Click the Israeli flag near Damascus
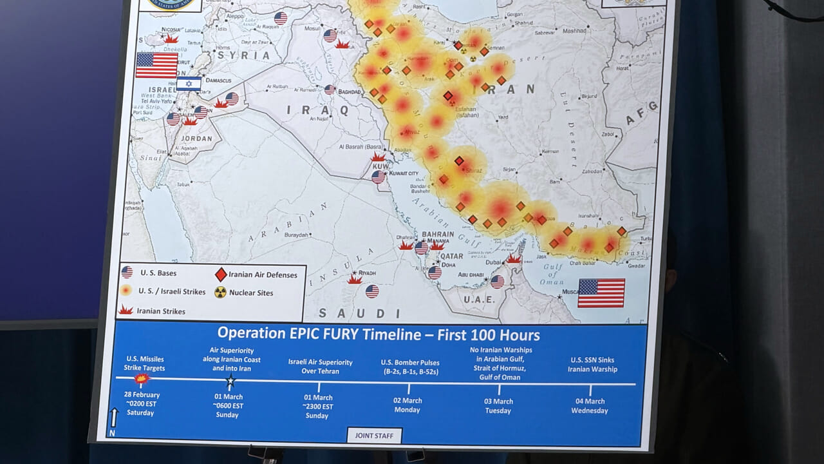pos(189,83)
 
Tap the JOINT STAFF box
pos(374,436)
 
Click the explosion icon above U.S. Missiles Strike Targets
pos(142,378)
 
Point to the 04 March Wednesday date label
pos(592,406)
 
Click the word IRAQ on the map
pos(317,110)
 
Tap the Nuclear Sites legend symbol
pos(220,293)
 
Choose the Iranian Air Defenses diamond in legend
pos(221,275)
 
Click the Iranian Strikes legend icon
pos(126,310)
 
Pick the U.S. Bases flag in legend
pos(127,273)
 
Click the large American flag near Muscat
pos(601,293)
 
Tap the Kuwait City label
pos(404,173)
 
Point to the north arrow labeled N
pos(114,420)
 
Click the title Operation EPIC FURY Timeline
pos(378,334)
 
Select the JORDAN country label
pos(196,138)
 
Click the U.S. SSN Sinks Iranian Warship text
pos(592,365)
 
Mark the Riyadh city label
pos(367,273)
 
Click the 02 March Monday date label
pos(407,405)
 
